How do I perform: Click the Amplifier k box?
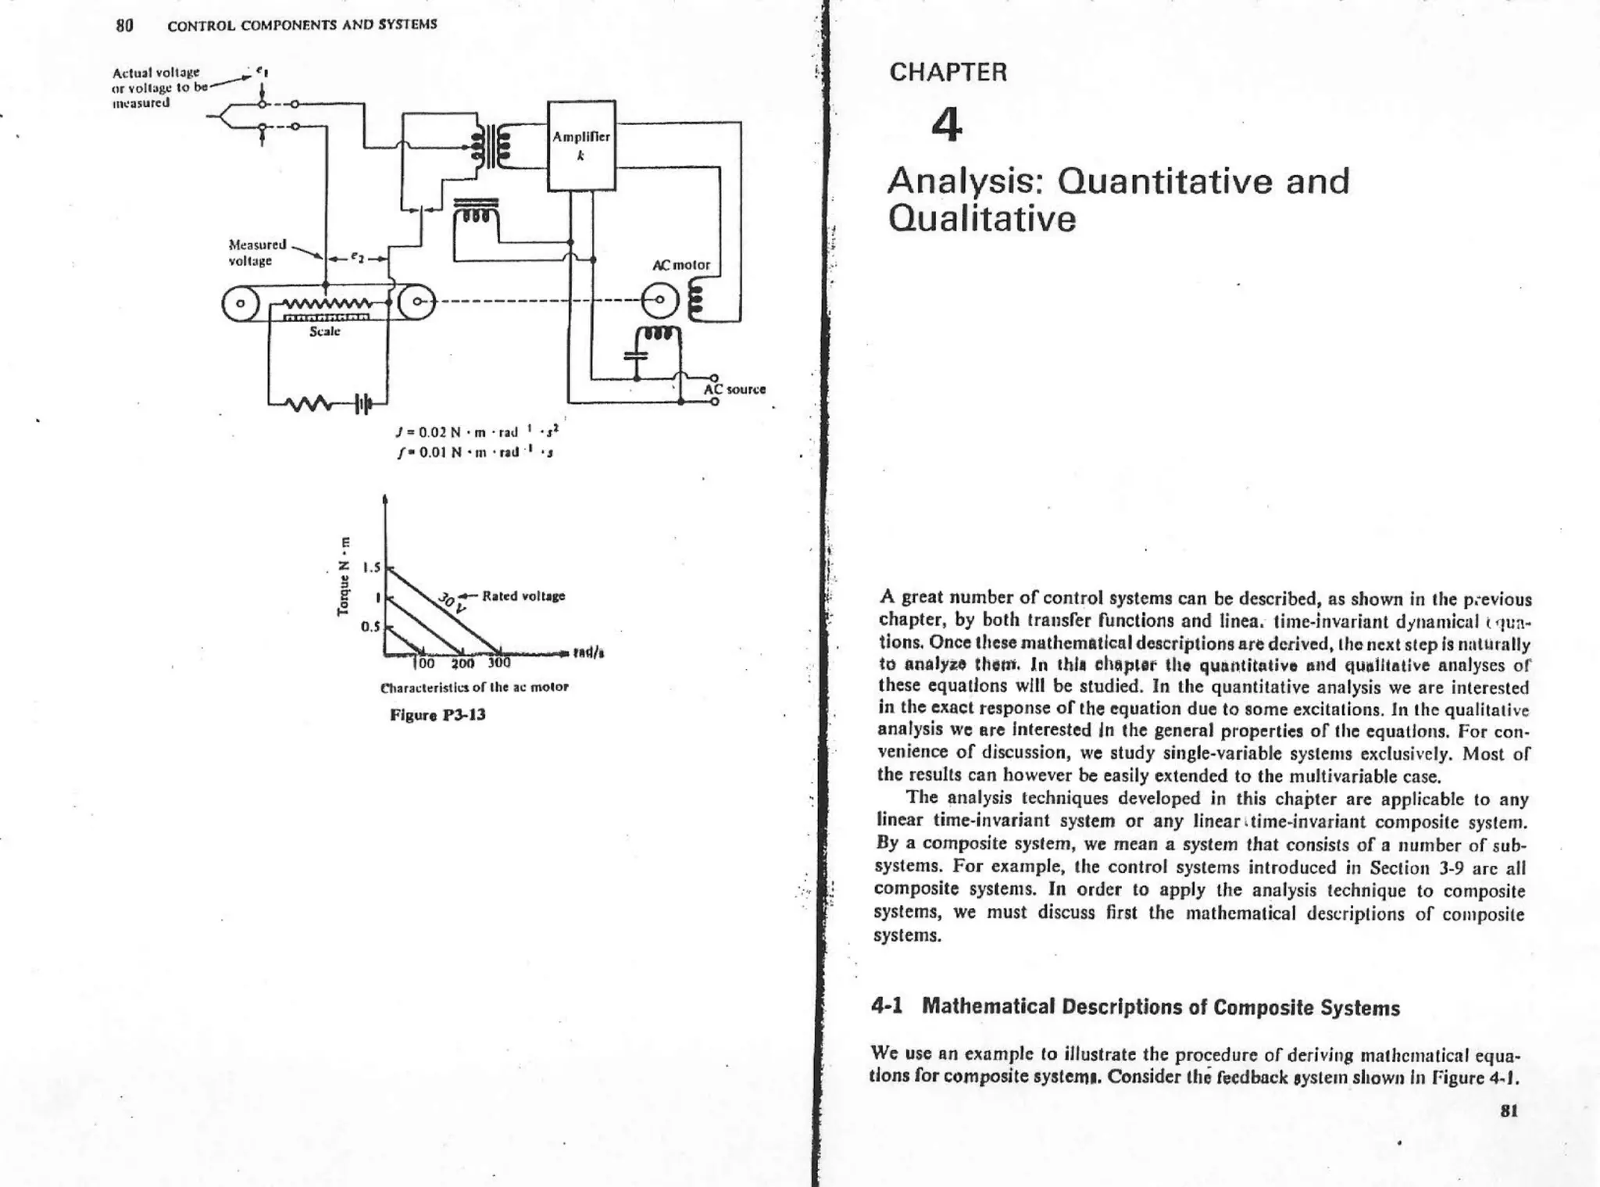[581, 145]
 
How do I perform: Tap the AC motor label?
[681, 265]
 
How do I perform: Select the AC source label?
[734, 389]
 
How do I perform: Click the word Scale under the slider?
[325, 331]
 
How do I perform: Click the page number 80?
[125, 25]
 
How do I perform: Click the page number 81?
[1509, 1110]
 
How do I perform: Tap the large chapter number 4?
[947, 125]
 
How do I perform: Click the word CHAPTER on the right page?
[948, 73]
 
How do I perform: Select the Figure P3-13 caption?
[437, 715]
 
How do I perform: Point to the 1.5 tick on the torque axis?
[371, 567]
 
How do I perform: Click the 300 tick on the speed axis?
[498, 663]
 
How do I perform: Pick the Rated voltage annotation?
[523, 596]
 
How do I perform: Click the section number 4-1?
[887, 1006]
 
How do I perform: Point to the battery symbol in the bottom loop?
[364, 404]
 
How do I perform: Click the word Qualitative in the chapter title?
[982, 220]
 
